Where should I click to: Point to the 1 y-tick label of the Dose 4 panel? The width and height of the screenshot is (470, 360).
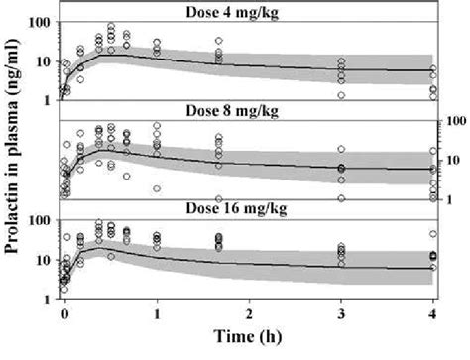[x=50, y=99]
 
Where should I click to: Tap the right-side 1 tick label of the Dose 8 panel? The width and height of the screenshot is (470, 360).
[x=449, y=197]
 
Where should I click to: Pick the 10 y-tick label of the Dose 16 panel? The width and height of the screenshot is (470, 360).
[x=46, y=259]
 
